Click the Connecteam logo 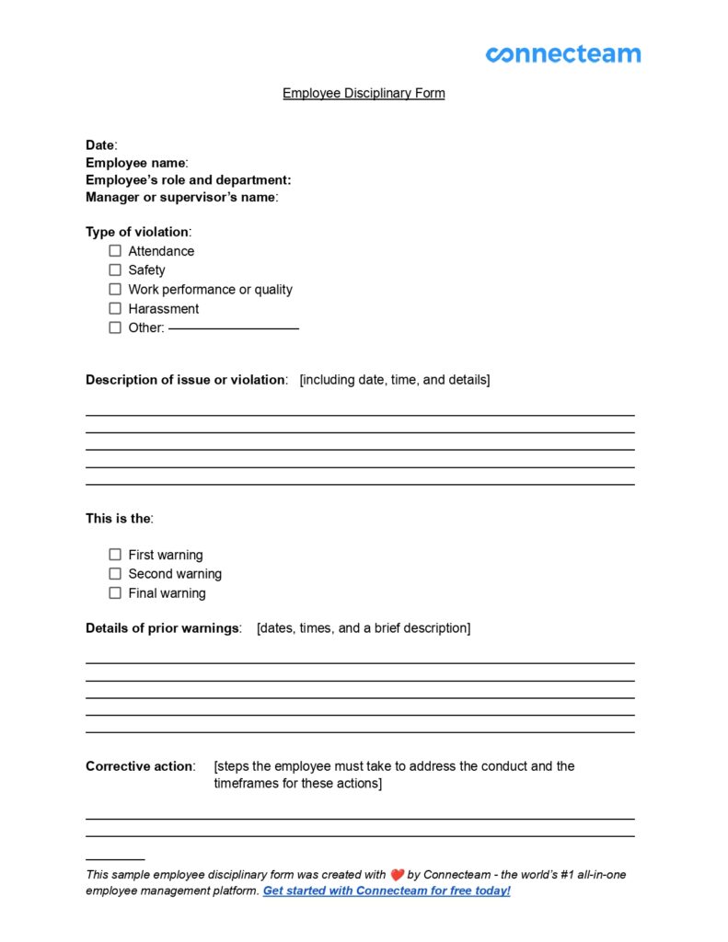pos(562,54)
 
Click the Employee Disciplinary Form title pos(364,93)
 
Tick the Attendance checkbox pos(115,250)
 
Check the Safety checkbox pos(115,270)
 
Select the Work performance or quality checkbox pos(115,289)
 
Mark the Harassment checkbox pos(115,308)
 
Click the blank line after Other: pos(234,328)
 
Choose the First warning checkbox pos(115,555)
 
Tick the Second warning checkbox pos(115,574)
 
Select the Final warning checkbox pos(115,593)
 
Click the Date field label pos(100,145)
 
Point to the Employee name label pos(135,163)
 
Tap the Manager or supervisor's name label pos(180,197)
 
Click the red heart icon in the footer pos(397,875)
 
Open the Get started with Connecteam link pos(387,891)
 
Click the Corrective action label pos(139,766)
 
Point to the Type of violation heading pos(137,232)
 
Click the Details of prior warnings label pos(162,628)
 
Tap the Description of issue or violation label pos(185,380)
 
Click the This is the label pos(118,519)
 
